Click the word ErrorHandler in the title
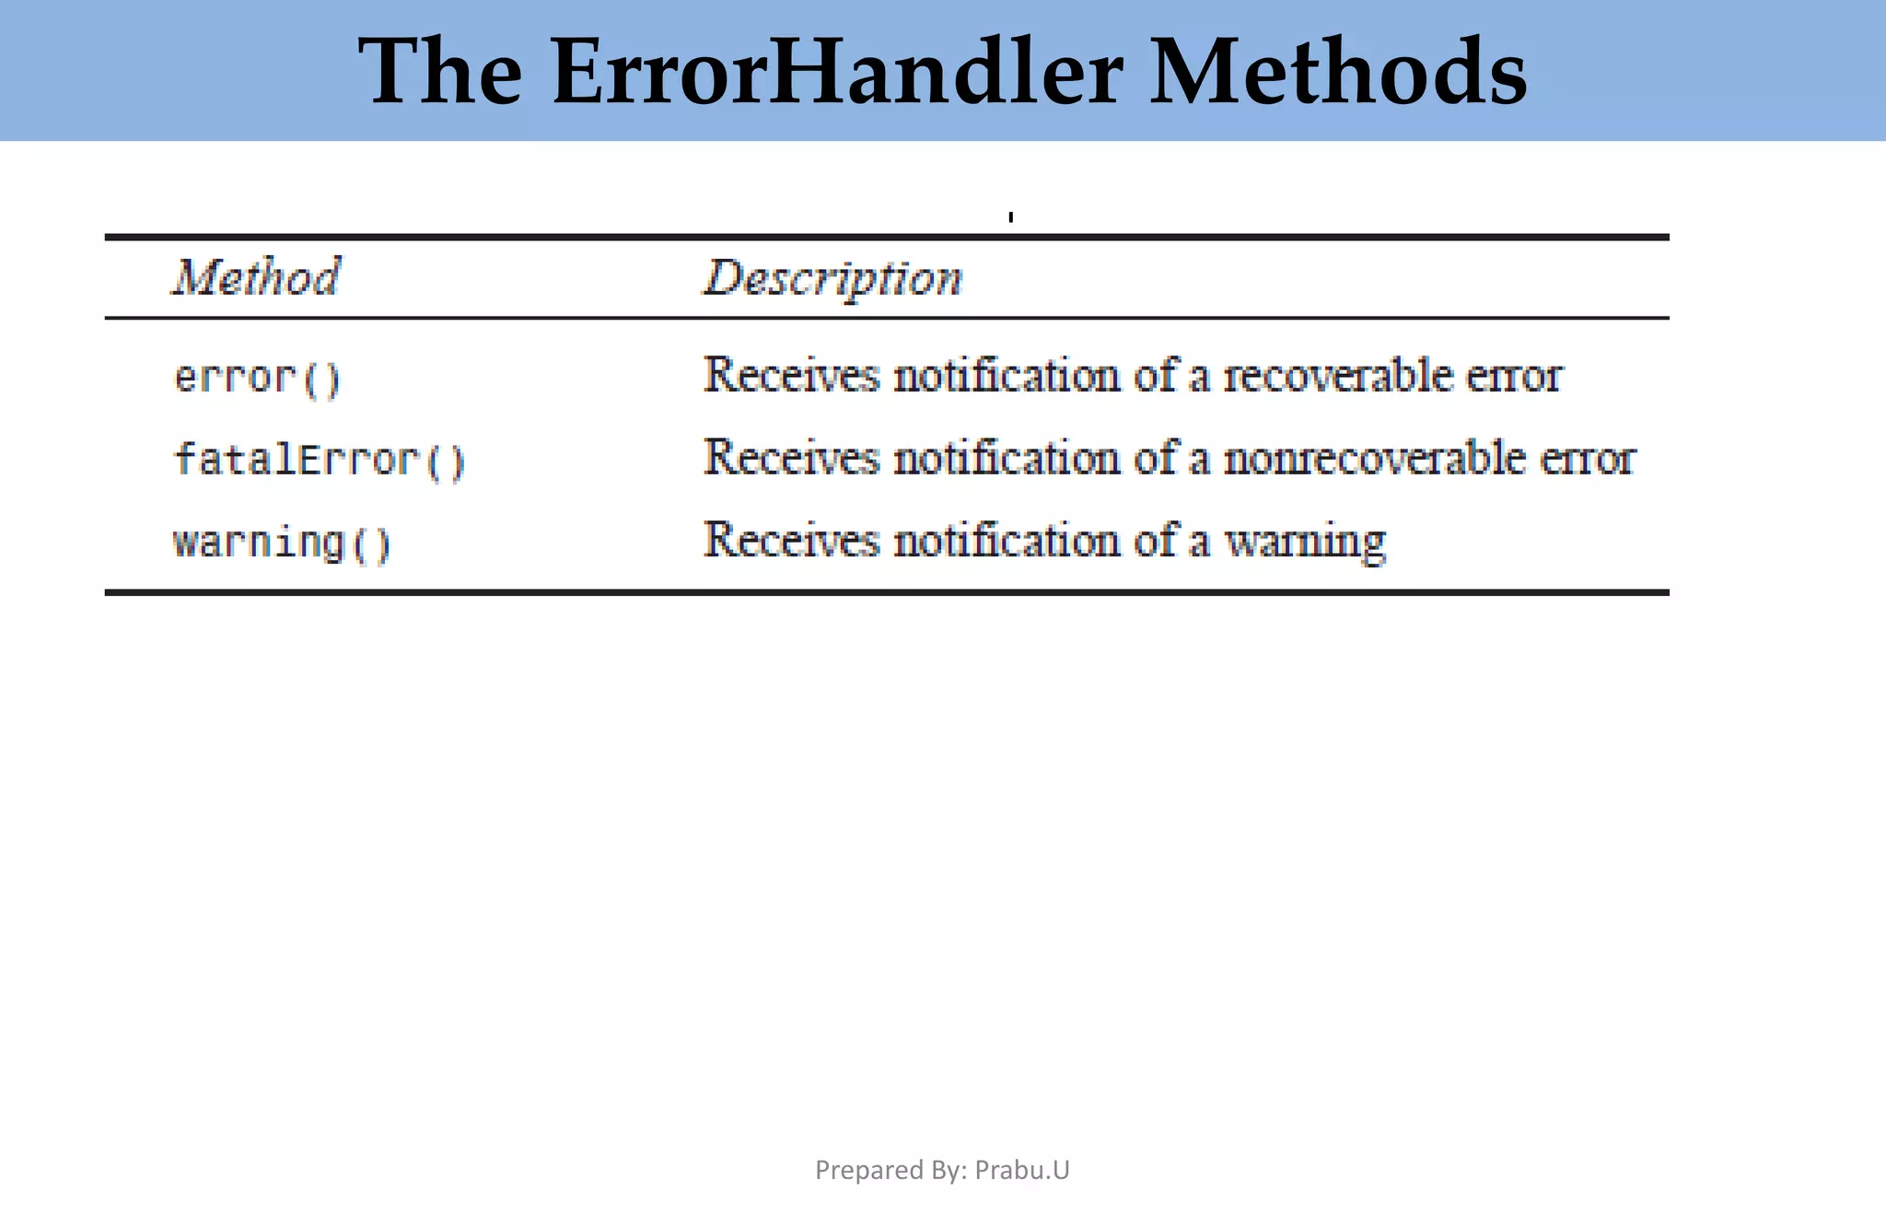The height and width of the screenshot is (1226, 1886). [x=837, y=72]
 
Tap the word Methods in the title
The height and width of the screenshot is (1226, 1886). [x=1338, y=72]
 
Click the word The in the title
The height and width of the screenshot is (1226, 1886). [x=440, y=72]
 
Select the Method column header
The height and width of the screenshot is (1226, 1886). [x=257, y=277]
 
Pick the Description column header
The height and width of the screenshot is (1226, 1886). [x=833, y=279]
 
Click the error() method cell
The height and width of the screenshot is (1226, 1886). [x=258, y=378]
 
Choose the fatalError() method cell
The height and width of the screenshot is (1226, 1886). [x=320, y=460]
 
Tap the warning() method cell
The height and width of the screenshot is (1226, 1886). [x=282, y=542]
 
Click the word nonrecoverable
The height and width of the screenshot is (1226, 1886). [x=1374, y=458]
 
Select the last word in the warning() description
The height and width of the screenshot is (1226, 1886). [x=1304, y=542]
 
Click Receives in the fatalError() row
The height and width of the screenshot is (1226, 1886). [x=791, y=458]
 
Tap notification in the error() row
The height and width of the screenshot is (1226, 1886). [x=1006, y=376]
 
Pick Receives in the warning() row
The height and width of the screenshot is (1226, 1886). [x=791, y=540]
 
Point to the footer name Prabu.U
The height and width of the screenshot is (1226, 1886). [x=1022, y=1170]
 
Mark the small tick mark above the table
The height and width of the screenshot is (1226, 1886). [x=1011, y=217]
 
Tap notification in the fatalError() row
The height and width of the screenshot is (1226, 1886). [x=1006, y=458]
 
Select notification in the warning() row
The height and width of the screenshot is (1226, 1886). [x=1006, y=540]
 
